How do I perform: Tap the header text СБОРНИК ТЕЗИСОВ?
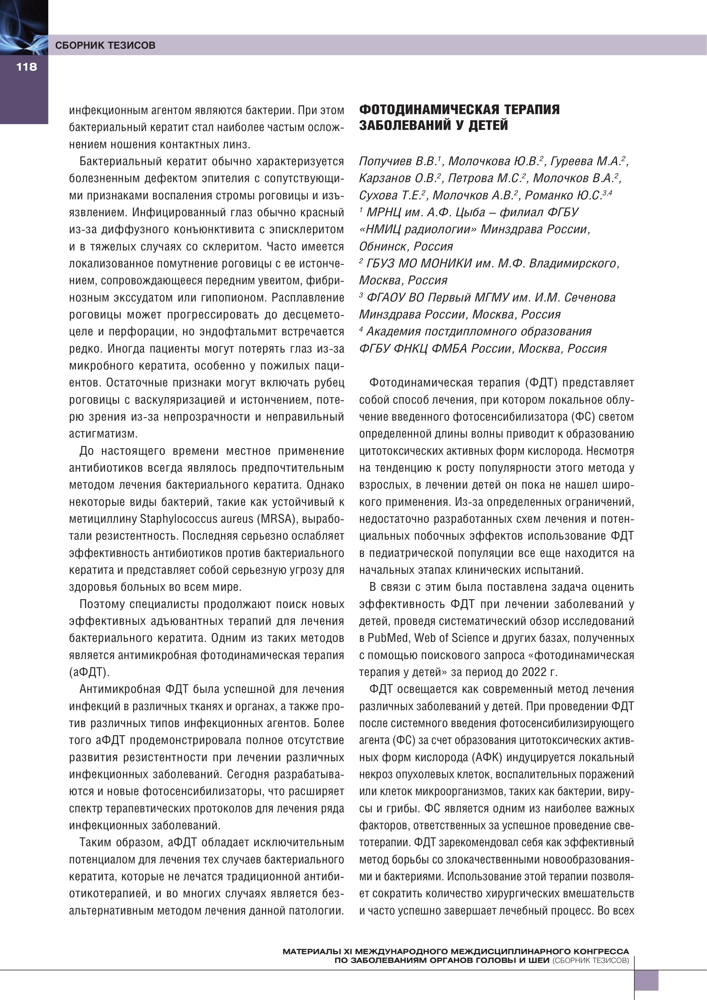105,45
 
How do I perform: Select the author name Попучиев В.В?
398,161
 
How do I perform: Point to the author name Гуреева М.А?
587,161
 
